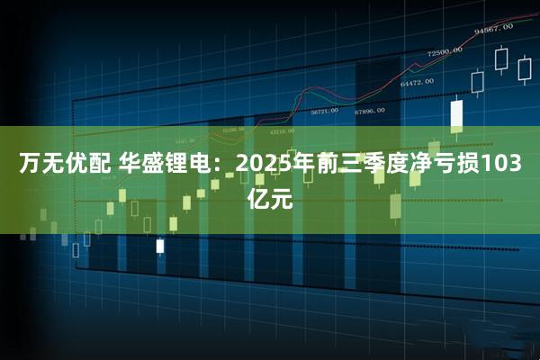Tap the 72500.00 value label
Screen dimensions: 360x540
(445, 51)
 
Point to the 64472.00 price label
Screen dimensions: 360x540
(417, 82)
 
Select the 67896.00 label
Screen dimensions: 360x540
(368, 111)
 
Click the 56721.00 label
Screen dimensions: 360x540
(324, 112)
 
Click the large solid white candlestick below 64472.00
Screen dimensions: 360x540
(456, 114)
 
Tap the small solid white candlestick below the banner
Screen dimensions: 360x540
(160, 245)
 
